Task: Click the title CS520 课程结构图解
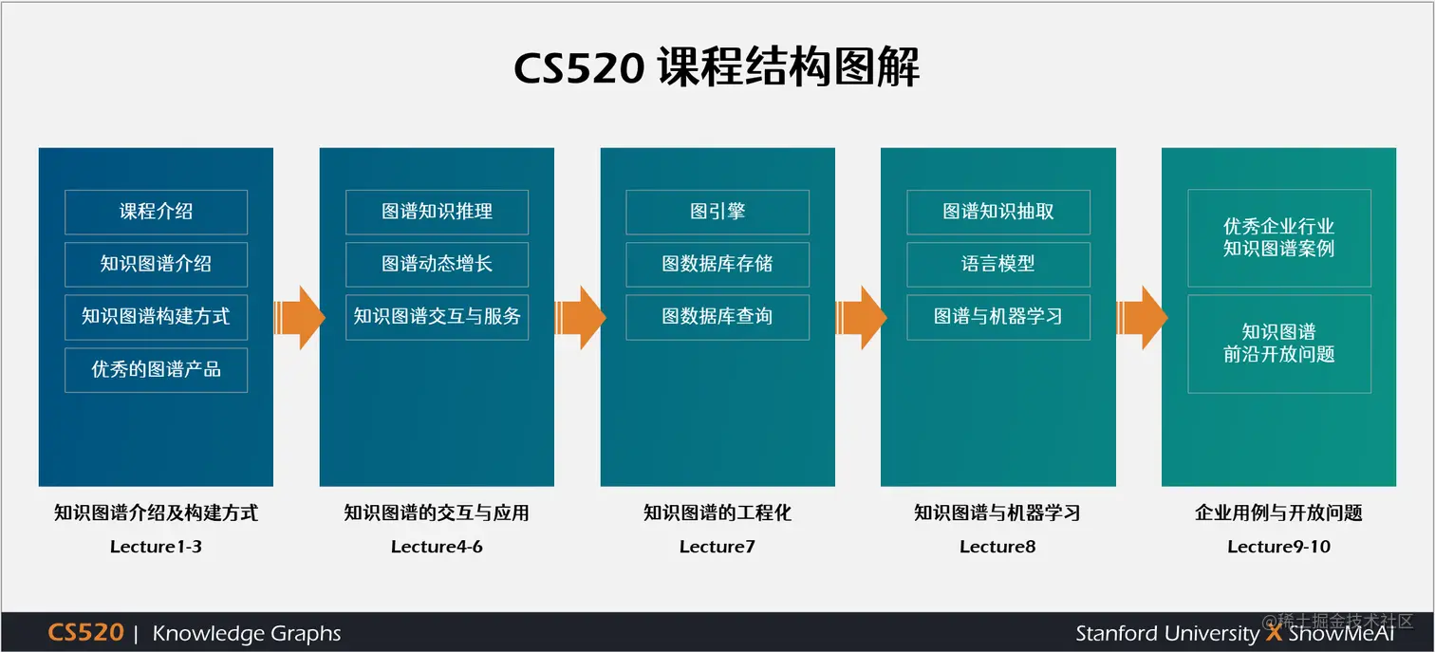pos(717,68)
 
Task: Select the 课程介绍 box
pos(156,212)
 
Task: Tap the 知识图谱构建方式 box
pos(156,317)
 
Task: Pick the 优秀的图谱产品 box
pos(156,370)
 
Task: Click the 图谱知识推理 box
pos(437,212)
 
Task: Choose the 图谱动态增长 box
pos(437,264)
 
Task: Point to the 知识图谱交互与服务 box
pos(437,317)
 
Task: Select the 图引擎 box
pos(717,212)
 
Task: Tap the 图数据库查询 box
pos(717,317)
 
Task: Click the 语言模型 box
pos(998,264)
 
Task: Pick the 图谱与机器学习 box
pos(998,317)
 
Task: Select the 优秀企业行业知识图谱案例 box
pos(1279,238)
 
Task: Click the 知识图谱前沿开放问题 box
pos(1279,344)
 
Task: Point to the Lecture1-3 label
pos(156,547)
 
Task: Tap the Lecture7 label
pos(717,547)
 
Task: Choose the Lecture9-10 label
pos(1278,547)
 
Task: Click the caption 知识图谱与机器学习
pos(997,513)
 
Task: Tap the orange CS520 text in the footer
pos(85,633)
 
